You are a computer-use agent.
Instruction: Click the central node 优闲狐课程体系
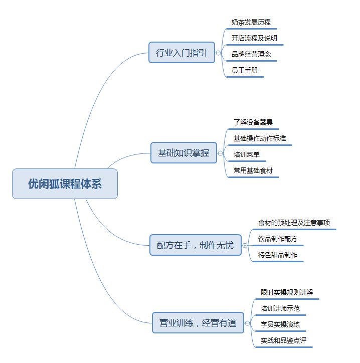pos(65,184)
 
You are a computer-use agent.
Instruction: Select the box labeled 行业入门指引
pos(182,53)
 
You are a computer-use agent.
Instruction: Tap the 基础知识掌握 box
pos(184,153)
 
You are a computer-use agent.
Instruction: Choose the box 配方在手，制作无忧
pos(196,245)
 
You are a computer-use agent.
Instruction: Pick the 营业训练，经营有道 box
pos(198,323)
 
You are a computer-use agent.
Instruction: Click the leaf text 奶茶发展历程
pos(251,22)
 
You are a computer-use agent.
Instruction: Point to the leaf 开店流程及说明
pos(254,38)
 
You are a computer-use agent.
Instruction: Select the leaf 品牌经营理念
pos(251,55)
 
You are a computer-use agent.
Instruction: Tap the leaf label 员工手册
pos(245,70)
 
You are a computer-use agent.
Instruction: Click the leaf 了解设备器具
pos(253,122)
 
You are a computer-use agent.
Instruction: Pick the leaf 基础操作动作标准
pos(260,138)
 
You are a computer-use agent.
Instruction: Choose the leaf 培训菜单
pos(247,154)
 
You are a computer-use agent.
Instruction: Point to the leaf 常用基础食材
pos(253,170)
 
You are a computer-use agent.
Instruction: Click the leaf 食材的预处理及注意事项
pos(294,223)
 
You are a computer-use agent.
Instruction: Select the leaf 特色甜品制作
pos(278,255)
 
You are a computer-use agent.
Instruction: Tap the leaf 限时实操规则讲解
pos(287,292)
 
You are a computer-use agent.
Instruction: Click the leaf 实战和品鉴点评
pos(283,340)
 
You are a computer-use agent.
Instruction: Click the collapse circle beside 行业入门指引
pos(218,53)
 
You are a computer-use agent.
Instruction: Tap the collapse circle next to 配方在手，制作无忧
pos(245,245)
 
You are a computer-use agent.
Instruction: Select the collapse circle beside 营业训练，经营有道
pos(247,323)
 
